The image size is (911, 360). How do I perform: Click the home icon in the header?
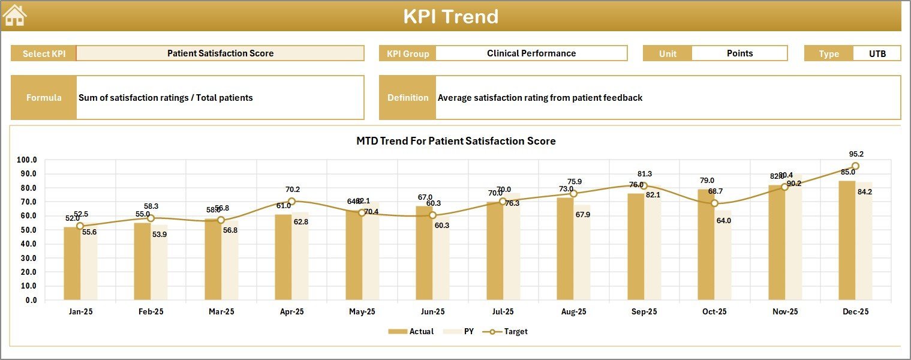click(x=15, y=16)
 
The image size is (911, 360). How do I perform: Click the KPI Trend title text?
click(x=450, y=16)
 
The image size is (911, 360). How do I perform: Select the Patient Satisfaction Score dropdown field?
click(x=220, y=53)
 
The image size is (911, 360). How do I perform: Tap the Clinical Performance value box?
click(x=531, y=53)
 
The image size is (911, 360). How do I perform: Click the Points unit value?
click(x=739, y=53)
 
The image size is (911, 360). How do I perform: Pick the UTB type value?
click(x=877, y=53)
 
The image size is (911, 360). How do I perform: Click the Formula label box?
click(x=44, y=98)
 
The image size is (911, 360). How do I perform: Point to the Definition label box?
click(x=408, y=98)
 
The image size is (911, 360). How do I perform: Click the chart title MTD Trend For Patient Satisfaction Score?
click(x=456, y=141)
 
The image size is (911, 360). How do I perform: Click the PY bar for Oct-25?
click(x=723, y=264)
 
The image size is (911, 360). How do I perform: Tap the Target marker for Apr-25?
click(x=291, y=202)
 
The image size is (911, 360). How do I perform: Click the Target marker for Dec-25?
click(x=855, y=166)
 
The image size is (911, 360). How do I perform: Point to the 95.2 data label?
click(x=856, y=154)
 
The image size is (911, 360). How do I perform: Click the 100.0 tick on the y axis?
click(x=27, y=160)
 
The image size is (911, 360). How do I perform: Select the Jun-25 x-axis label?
click(x=432, y=312)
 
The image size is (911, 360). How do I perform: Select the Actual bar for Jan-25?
click(x=72, y=263)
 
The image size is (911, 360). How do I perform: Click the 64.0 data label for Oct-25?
click(x=723, y=220)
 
